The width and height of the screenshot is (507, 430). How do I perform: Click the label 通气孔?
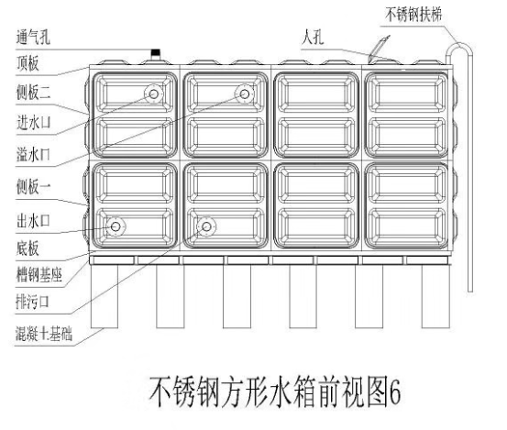pyautogui.click(x=33, y=37)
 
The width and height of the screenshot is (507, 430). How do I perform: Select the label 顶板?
pyautogui.click(x=28, y=63)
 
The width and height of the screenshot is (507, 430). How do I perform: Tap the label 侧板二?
pyautogui.click(x=34, y=92)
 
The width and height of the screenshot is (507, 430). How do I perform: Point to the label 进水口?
pyautogui.click(x=34, y=123)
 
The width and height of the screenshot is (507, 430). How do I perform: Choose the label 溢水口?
pyautogui.click(x=34, y=154)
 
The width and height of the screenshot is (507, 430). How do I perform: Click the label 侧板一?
pyautogui.click(x=34, y=187)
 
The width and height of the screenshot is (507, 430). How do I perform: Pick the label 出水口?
pyautogui.click(x=33, y=221)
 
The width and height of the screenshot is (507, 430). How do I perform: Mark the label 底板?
pyautogui.click(x=28, y=248)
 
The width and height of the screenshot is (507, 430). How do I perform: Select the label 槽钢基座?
pyautogui.click(x=39, y=275)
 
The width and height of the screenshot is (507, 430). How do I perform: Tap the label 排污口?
pyautogui.click(x=32, y=302)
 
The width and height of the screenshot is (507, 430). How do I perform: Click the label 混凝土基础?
pyautogui.click(x=44, y=334)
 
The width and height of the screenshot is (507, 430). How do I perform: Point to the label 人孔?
pyautogui.click(x=313, y=37)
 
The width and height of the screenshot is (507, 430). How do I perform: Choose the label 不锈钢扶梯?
pyautogui.click(x=413, y=15)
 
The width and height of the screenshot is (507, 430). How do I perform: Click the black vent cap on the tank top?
pyautogui.click(x=156, y=52)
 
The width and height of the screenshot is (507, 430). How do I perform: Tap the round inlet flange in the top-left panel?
pyautogui.click(x=154, y=94)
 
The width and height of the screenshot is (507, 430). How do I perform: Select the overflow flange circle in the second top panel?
pyautogui.click(x=245, y=94)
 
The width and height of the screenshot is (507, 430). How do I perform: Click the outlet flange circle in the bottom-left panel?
pyautogui.click(x=116, y=227)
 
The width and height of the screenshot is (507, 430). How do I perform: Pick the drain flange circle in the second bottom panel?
pyautogui.click(x=206, y=227)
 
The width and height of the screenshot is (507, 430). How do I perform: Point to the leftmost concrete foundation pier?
pyautogui.click(x=105, y=296)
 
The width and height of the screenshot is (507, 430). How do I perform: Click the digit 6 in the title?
pyautogui.click(x=394, y=392)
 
